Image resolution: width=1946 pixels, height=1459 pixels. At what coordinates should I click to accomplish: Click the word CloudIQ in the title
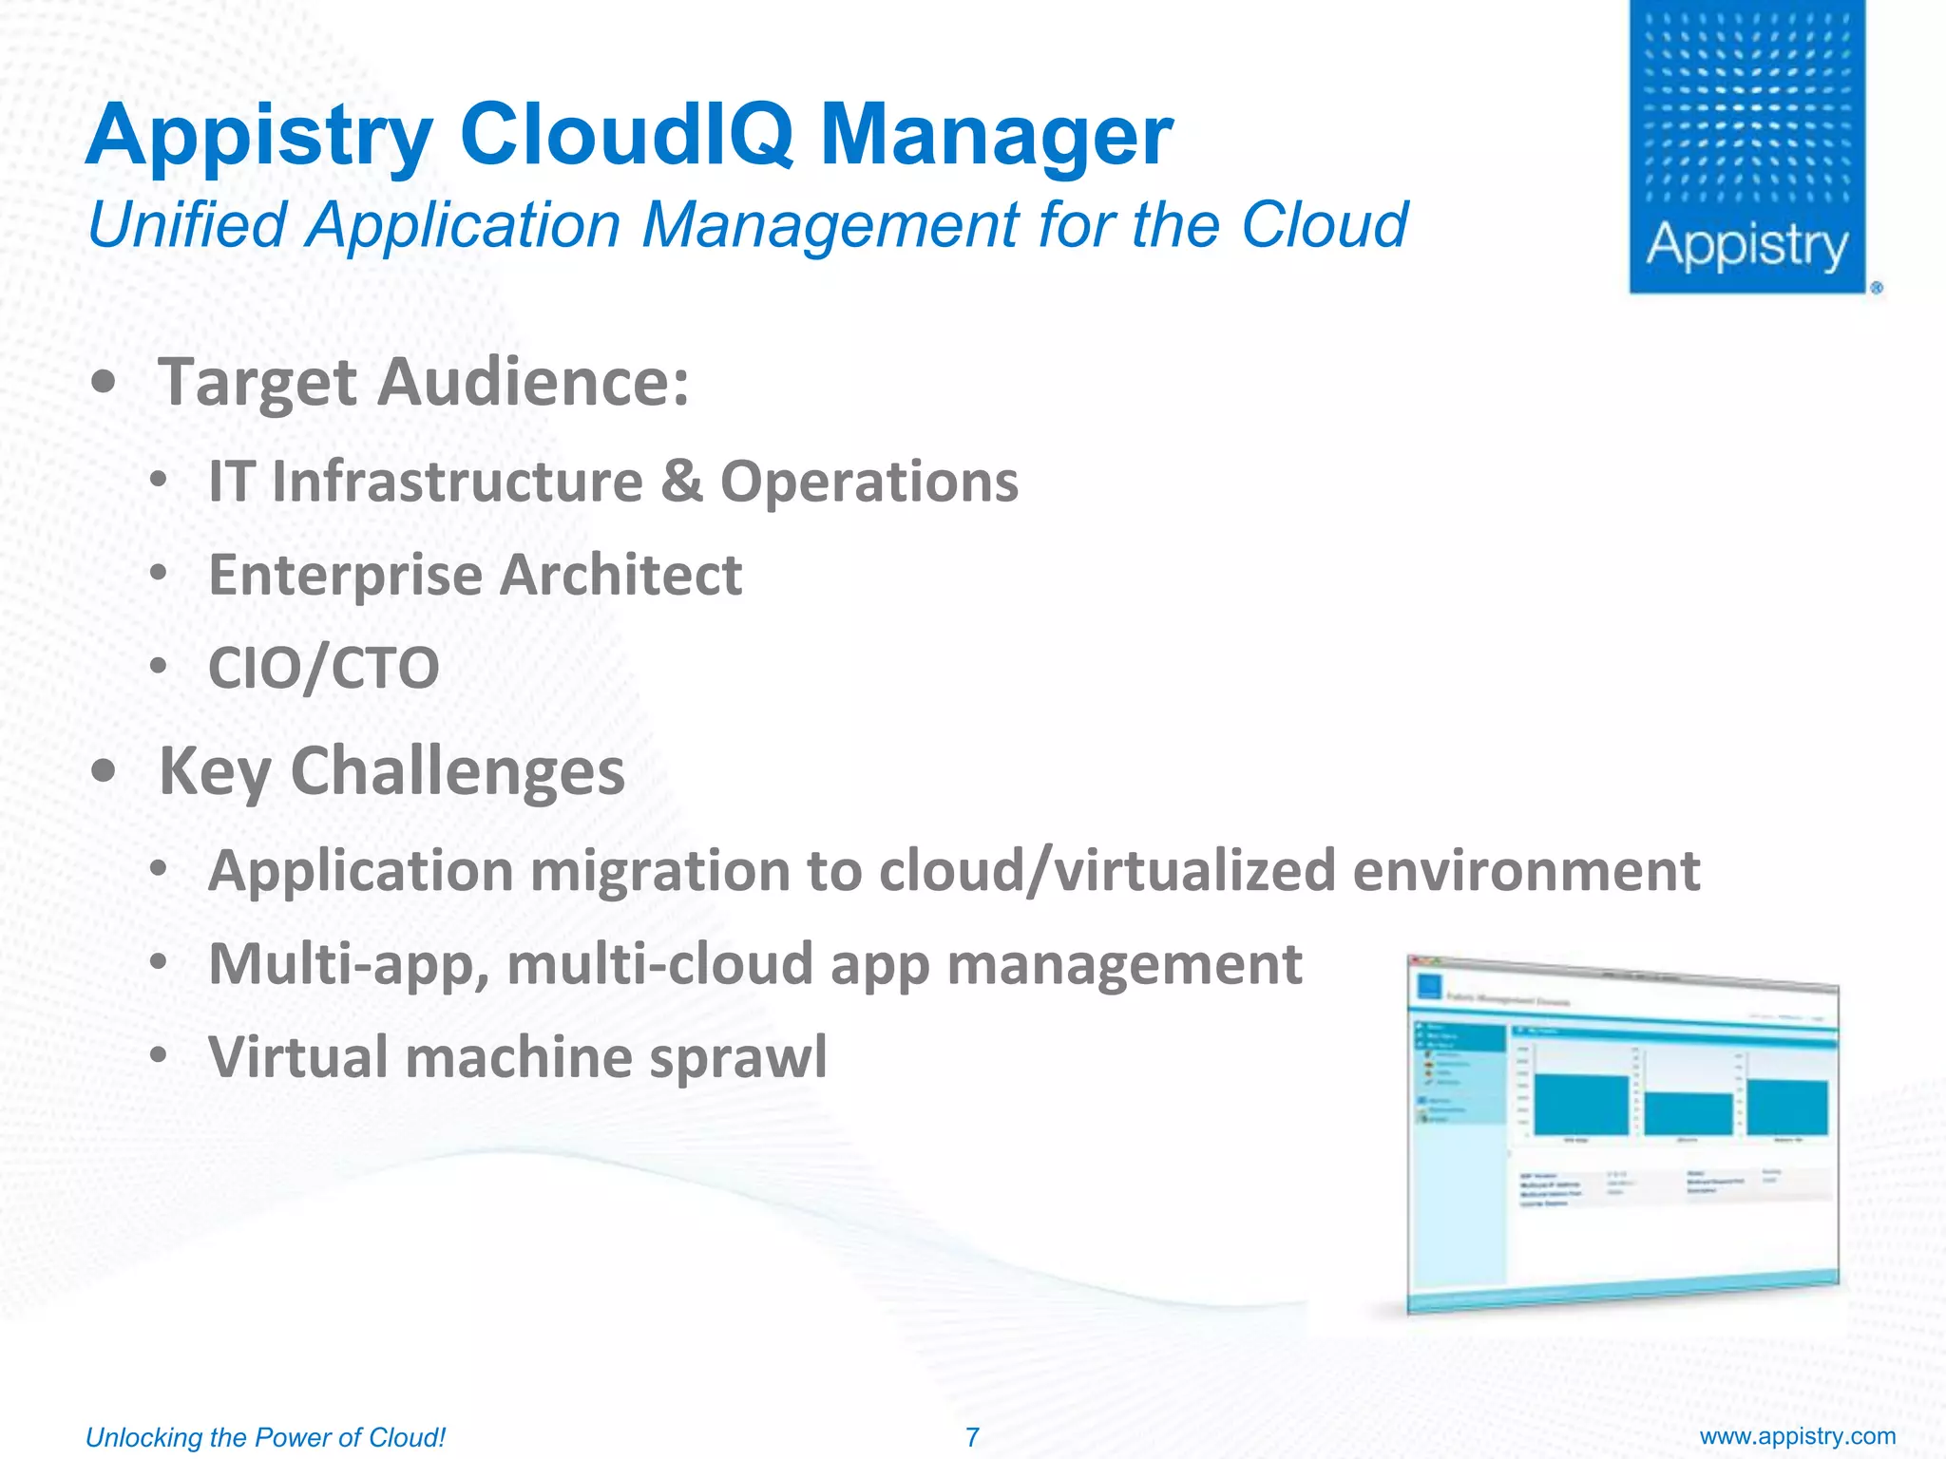coord(626,135)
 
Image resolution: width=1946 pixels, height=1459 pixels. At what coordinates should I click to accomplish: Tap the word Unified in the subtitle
coord(187,226)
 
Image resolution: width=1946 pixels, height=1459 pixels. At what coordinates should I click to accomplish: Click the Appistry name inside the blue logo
coord(1746,247)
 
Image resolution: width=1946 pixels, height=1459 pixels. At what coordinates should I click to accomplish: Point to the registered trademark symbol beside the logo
coord(1877,287)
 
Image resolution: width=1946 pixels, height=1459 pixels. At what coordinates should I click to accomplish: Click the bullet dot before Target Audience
coord(104,383)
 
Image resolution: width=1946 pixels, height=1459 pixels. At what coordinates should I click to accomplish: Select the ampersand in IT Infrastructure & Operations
coord(681,481)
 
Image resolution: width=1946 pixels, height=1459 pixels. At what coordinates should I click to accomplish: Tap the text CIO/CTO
coord(323,668)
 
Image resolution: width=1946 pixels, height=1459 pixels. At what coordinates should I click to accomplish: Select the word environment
coord(1526,871)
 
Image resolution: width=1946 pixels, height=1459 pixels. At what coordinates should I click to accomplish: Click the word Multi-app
coord(349,965)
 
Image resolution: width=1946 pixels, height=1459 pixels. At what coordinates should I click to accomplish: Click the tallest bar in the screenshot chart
coord(1581,1104)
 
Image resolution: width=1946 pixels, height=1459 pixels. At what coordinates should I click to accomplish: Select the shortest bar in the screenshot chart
coord(1688,1113)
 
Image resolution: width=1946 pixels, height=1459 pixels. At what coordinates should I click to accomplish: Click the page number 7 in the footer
coord(972,1437)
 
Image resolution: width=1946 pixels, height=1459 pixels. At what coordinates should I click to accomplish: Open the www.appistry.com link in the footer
coord(1797,1436)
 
